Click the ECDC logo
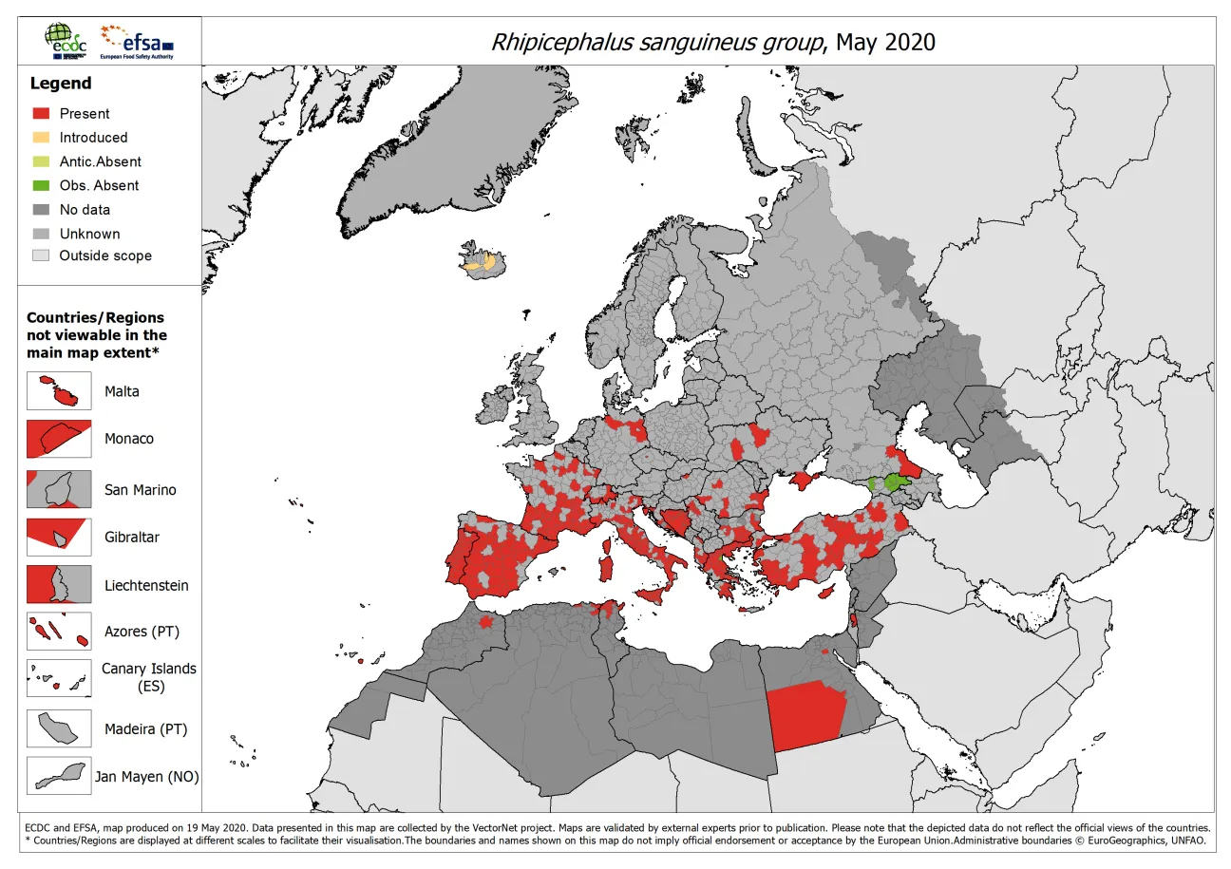click(x=64, y=42)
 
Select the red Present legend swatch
click(x=41, y=113)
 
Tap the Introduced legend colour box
click(x=41, y=138)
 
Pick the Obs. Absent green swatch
click(x=41, y=185)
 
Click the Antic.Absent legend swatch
click(x=41, y=161)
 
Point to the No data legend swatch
click(x=41, y=210)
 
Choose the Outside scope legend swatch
click(x=41, y=255)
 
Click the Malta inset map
click(x=59, y=391)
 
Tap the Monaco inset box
click(x=59, y=439)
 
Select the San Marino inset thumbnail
click(x=59, y=489)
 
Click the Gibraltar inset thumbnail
click(x=59, y=537)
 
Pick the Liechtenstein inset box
click(x=59, y=584)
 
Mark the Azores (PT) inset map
click(x=59, y=632)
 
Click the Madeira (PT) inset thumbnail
click(x=59, y=728)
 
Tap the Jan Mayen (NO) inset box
click(x=59, y=776)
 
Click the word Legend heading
click(x=60, y=84)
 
